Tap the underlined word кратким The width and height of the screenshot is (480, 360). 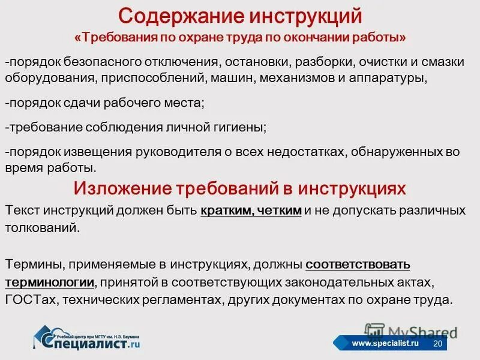[x=227, y=212]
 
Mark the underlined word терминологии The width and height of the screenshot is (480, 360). [x=50, y=282]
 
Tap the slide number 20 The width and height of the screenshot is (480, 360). [x=437, y=343]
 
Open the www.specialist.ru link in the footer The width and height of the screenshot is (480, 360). [x=385, y=343]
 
